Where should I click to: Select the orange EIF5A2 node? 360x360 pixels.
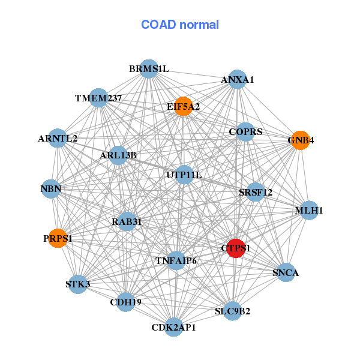(183, 106)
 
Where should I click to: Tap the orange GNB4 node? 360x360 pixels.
(300, 140)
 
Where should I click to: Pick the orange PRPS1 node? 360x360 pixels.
(57, 238)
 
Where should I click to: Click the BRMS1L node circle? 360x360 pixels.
(149, 69)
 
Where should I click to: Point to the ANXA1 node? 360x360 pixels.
(238, 80)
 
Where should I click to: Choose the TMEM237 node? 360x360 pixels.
(98, 98)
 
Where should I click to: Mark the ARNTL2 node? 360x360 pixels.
(58, 139)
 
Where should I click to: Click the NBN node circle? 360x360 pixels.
(51, 189)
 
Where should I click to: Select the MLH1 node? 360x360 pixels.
(309, 210)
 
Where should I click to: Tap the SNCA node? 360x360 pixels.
(286, 273)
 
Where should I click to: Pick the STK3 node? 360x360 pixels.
(77, 284)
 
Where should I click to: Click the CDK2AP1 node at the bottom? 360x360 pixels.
(174, 328)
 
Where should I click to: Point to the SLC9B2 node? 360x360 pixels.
(233, 311)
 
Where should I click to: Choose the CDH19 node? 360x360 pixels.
(125, 302)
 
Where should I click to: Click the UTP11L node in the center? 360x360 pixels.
(184, 175)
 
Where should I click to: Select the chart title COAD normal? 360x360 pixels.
(180, 25)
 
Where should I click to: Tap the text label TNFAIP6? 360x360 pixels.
(176, 260)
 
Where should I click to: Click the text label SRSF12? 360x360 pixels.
(256, 193)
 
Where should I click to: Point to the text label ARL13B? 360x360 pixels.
(118, 155)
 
